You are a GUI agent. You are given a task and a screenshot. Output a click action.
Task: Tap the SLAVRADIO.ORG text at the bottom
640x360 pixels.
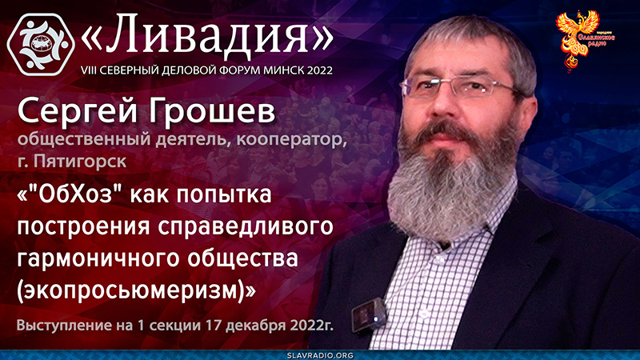pos(320,352)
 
